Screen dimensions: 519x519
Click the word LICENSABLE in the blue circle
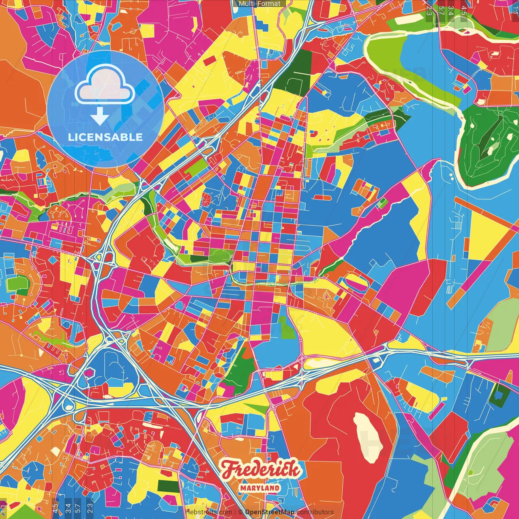pyautogui.click(x=105, y=137)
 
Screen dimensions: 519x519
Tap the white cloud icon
pyautogui.click(x=105, y=84)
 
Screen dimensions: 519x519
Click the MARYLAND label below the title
pyautogui.click(x=259, y=488)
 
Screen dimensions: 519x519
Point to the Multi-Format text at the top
pyautogui.click(x=259, y=4)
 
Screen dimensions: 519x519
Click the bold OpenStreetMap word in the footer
pyautogui.click(x=270, y=512)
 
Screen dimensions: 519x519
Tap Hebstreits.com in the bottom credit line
pyautogui.click(x=208, y=512)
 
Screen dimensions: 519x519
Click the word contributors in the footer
pyautogui.click(x=315, y=512)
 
